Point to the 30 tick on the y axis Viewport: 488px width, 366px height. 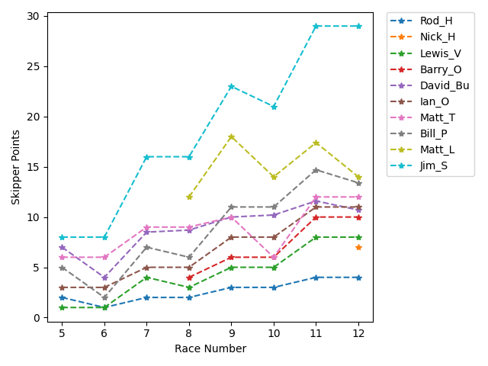click(35, 17)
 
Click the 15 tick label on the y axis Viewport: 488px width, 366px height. click(35, 168)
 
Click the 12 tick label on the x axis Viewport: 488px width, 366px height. click(358, 333)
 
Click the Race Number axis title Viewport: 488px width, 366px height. click(210, 348)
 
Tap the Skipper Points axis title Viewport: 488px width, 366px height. click(16, 167)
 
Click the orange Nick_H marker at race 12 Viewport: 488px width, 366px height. click(358, 247)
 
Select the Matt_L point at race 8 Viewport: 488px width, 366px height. click(189, 197)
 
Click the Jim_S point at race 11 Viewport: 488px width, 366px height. click(316, 27)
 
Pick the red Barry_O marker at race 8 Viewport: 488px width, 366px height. click(189, 278)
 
